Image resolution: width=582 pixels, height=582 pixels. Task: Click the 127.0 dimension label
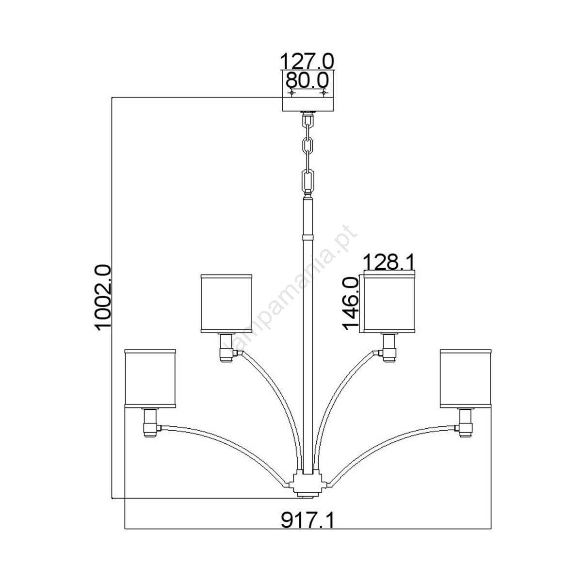point(307,61)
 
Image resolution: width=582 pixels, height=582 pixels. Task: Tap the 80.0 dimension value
point(307,81)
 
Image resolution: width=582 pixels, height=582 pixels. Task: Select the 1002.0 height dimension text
point(103,297)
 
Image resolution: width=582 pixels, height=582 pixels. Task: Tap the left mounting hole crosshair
point(291,93)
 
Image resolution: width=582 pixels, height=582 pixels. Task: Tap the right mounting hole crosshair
point(324,93)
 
